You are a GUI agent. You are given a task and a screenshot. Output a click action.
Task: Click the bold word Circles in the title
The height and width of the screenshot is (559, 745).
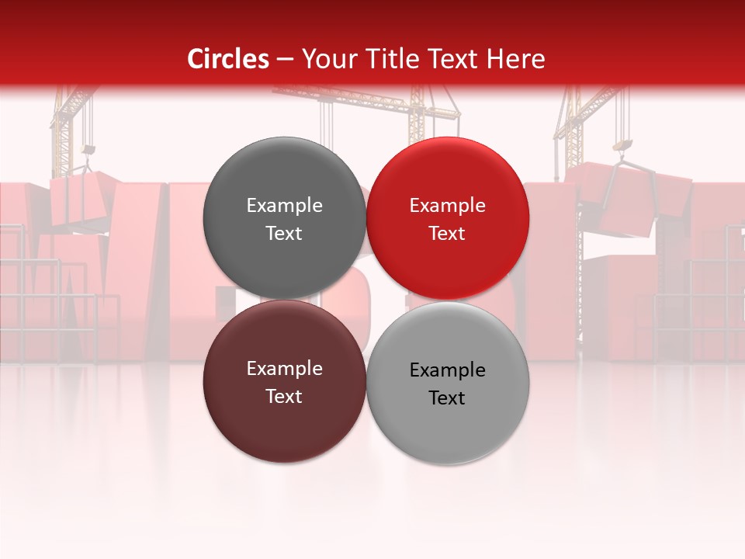(x=227, y=59)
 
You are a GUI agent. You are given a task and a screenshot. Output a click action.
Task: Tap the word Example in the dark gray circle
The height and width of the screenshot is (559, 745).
(x=284, y=206)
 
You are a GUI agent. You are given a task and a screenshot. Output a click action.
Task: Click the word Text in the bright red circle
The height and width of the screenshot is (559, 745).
(x=447, y=234)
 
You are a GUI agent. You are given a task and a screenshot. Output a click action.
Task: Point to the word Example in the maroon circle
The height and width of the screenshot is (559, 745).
(x=284, y=369)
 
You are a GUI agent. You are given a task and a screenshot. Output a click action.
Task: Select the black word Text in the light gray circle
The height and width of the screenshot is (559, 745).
(x=447, y=398)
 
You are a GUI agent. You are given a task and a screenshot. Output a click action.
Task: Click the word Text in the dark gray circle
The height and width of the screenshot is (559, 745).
(x=284, y=234)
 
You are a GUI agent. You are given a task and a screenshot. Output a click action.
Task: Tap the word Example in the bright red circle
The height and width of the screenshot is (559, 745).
(x=447, y=206)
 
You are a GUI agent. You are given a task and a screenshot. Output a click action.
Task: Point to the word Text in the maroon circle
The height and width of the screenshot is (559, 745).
(x=284, y=397)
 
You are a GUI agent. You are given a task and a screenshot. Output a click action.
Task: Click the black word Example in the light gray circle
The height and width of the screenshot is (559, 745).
(x=447, y=370)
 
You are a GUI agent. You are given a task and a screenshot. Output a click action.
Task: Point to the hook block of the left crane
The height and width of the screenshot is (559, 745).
(x=88, y=149)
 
